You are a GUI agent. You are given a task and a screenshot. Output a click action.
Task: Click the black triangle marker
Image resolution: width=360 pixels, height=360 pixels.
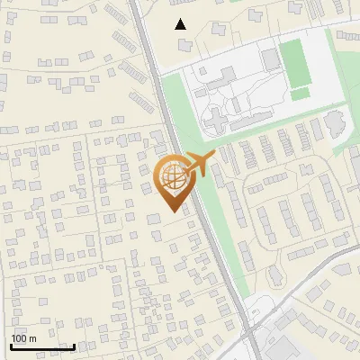(x=181, y=24)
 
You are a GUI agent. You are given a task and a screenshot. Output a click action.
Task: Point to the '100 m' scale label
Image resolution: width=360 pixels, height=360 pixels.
(x=23, y=338)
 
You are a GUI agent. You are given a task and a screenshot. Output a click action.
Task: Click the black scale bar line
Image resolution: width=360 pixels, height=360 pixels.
(x=42, y=346)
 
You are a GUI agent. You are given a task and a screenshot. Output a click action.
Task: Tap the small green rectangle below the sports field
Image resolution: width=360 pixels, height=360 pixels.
(x=301, y=94)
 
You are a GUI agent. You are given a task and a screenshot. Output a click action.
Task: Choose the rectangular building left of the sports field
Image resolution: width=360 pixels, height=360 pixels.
(x=271, y=59)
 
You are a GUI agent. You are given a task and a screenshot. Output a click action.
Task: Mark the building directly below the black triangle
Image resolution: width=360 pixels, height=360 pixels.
(x=185, y=44)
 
